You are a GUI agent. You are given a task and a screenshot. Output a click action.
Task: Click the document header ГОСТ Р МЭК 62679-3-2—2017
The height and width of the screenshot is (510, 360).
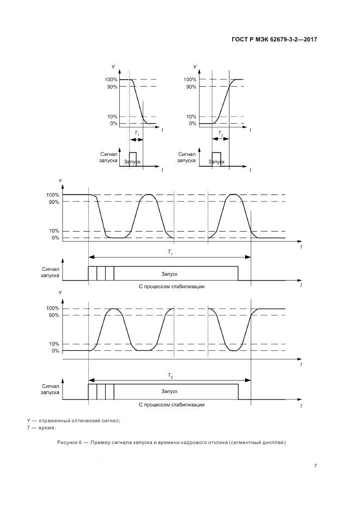(274, 39)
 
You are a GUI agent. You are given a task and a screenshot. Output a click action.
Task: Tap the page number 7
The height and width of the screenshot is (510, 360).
(315, 465)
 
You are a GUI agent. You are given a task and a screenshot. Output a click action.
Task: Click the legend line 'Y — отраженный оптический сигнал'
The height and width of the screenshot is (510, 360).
(74, 421)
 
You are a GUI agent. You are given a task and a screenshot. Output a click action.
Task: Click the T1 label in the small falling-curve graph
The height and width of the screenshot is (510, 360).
(137, 133)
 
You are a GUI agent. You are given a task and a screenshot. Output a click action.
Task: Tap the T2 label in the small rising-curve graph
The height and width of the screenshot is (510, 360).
(221, 133)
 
